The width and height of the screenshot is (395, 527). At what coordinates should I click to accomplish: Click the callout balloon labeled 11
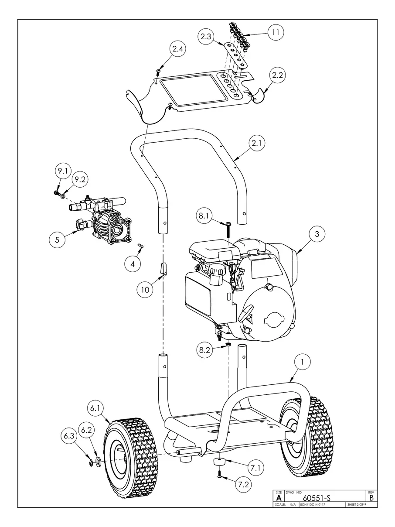pos(276,32)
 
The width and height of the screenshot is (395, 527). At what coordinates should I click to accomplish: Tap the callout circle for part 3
pos(317,234)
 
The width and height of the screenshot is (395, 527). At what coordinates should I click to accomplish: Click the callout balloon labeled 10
pos(145,289)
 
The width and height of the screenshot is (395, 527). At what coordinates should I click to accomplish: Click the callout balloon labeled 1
pos(303,362)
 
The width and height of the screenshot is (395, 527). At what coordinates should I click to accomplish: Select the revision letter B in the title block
pos(371,497)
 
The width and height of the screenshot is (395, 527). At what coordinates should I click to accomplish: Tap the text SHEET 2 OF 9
pos(356,505)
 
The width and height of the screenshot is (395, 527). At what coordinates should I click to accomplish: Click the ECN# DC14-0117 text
pos(313,505)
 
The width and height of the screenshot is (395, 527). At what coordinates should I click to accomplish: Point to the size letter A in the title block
pos(279,498)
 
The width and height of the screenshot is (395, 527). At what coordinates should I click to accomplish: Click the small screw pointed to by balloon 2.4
pos(159,71)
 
